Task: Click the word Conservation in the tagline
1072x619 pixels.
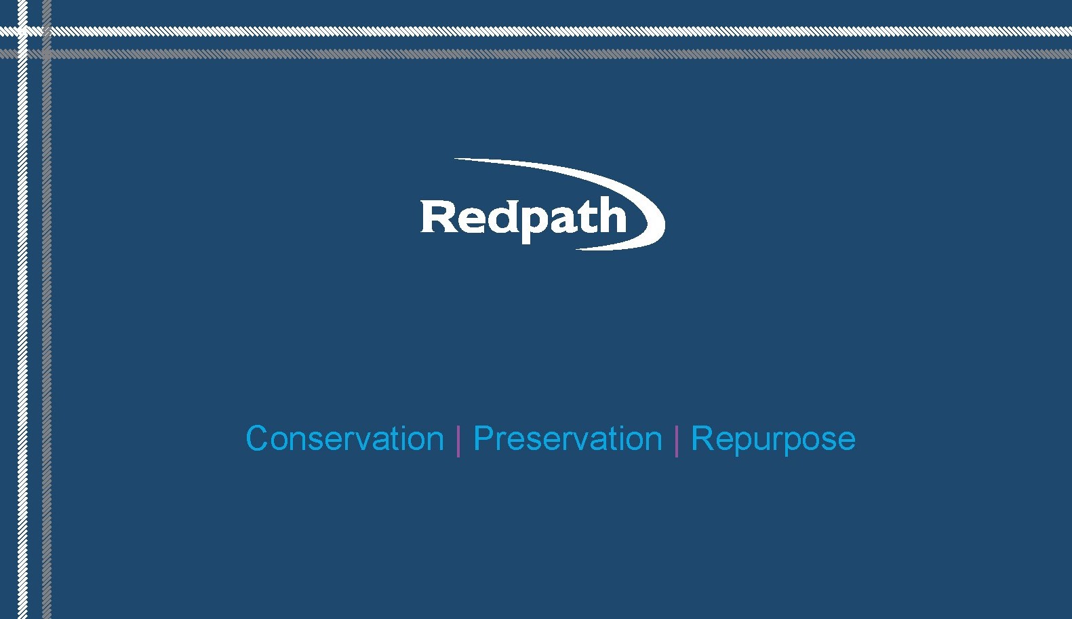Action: [344, 438]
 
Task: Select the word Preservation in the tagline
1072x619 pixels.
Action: [568, 438]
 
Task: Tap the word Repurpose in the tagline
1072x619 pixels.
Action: [773, 439]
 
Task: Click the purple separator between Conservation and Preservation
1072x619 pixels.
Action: [459, 440]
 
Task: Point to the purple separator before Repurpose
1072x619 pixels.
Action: [677, 440]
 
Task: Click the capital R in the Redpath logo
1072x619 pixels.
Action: [437, 217]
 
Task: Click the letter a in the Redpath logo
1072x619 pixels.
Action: [564, 219]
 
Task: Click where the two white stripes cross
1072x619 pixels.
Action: [22, 31]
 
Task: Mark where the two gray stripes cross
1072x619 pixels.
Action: [46, 54]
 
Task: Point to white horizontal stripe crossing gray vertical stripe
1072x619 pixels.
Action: [46, 31]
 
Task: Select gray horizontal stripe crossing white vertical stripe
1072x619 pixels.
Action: [22, 54]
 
